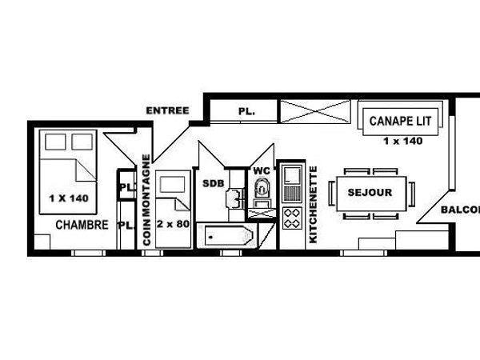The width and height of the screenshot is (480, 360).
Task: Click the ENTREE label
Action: coord(168,110)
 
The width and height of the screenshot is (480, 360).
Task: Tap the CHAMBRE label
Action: coord(82,226)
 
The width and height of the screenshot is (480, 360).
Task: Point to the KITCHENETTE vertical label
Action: coord(313,204)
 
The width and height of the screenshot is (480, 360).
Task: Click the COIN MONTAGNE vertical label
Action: coord(146,199)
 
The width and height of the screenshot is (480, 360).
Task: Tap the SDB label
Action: coord(213,183)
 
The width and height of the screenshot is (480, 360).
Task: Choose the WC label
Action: coord(262,171)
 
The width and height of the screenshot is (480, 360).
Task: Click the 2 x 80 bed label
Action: coord(174,224)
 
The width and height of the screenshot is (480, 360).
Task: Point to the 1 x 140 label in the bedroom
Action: coord(68,198)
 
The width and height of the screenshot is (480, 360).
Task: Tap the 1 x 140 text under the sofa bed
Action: coord(402,141)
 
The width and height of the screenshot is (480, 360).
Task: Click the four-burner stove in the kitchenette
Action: coord(291,218)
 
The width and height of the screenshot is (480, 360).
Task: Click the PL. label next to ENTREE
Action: coord(246,112)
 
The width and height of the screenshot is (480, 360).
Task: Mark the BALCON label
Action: coord(460,210)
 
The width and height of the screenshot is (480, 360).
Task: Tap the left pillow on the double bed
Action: coord(55,142)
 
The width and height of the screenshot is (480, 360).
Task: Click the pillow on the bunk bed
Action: coord(170,183)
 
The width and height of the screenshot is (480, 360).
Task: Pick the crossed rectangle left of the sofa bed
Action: coord(314,110)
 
